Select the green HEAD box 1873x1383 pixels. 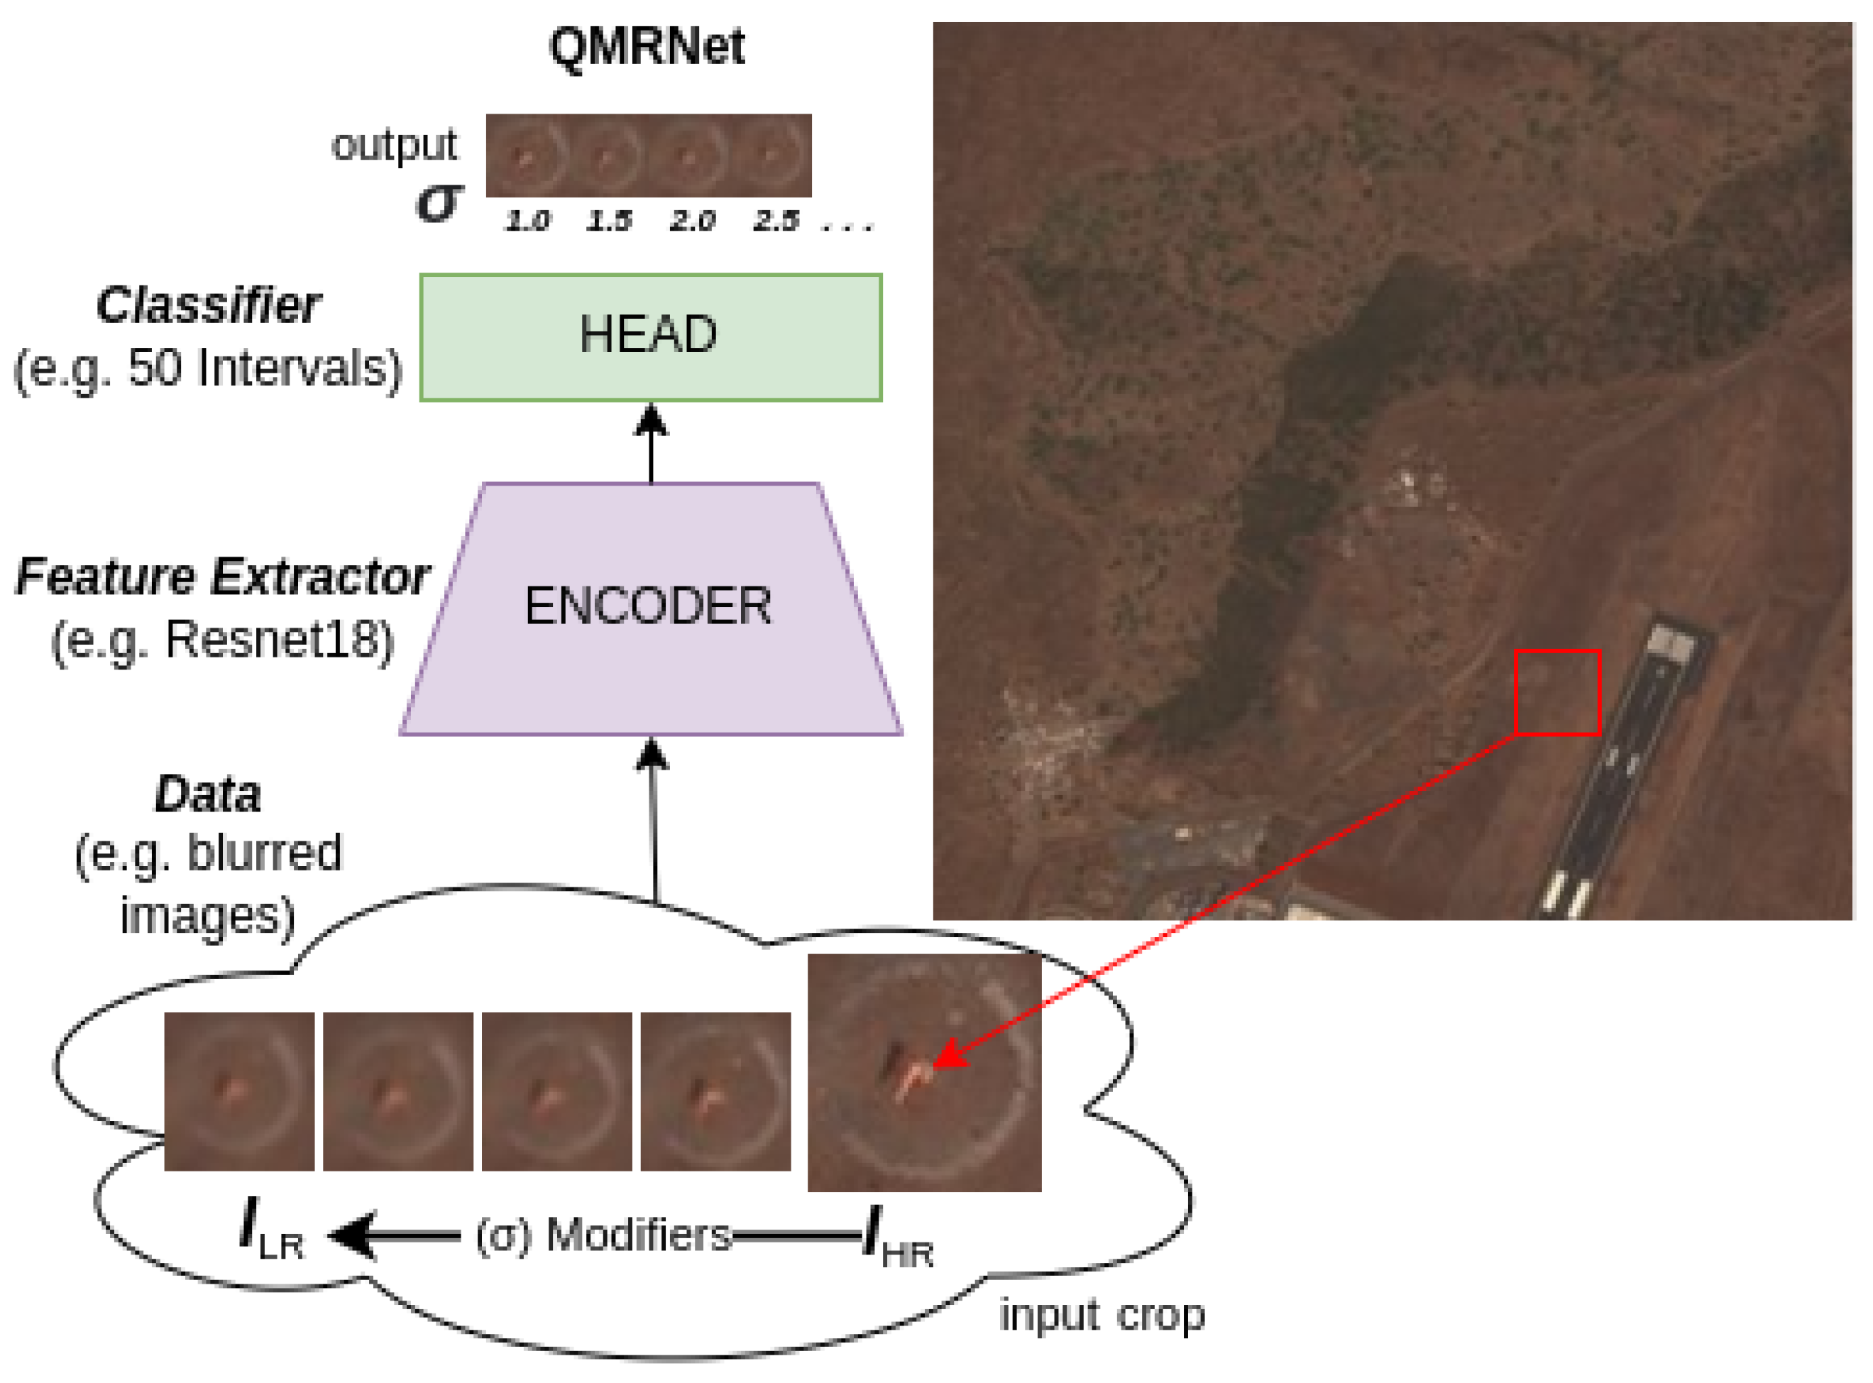650,337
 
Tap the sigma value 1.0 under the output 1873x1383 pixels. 527,222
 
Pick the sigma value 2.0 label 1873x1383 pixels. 692,222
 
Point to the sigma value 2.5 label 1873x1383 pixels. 776,222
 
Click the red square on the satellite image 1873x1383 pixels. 1557,693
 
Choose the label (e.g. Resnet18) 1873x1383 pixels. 221,641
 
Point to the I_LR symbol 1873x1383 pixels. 270,1230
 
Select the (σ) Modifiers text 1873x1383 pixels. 603,1235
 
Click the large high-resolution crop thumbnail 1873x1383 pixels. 924,1073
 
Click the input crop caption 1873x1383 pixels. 1102,1316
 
